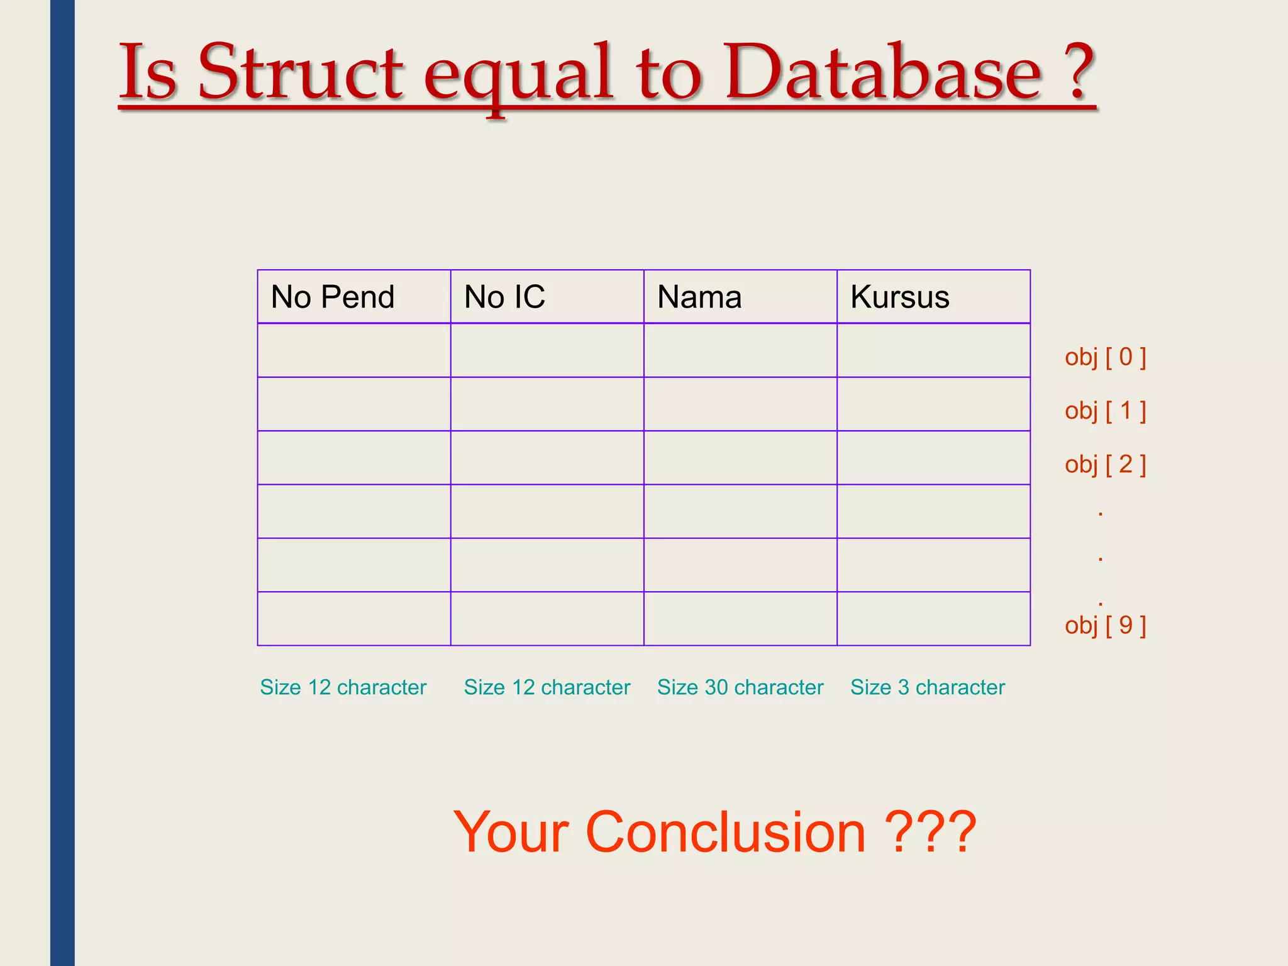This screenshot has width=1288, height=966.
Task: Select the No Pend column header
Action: [x=333, y=297]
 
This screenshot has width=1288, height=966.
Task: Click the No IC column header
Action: [x=504, y=297]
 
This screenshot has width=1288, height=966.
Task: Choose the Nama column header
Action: [x=699, y=297]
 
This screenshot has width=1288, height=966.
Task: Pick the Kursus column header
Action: [x=899, y=297]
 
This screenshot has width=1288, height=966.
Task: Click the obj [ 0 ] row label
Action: [x=1105, y=357]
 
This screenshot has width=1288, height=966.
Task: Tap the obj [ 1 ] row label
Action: [x=1105, y=411]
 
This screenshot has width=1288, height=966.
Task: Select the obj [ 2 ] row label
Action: [x=1105, y=464]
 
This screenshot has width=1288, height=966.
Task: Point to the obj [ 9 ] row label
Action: [x=1105, y=625]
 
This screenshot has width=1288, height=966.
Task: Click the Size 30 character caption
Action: [x=740, y=687]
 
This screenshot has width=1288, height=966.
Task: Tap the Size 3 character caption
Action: [x=928, y=687]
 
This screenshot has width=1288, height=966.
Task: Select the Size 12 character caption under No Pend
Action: [x=343, y=687]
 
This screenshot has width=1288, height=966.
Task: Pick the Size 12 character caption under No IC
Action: [x=547, y=687]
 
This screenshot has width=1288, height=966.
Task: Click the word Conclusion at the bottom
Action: [x=726, y=832]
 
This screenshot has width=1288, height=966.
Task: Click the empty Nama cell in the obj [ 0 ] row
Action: [x=740, y=350]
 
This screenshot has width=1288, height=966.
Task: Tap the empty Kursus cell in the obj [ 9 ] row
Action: [x=933, y=618]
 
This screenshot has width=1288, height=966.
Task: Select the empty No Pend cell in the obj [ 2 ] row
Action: [x=354, y=457]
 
